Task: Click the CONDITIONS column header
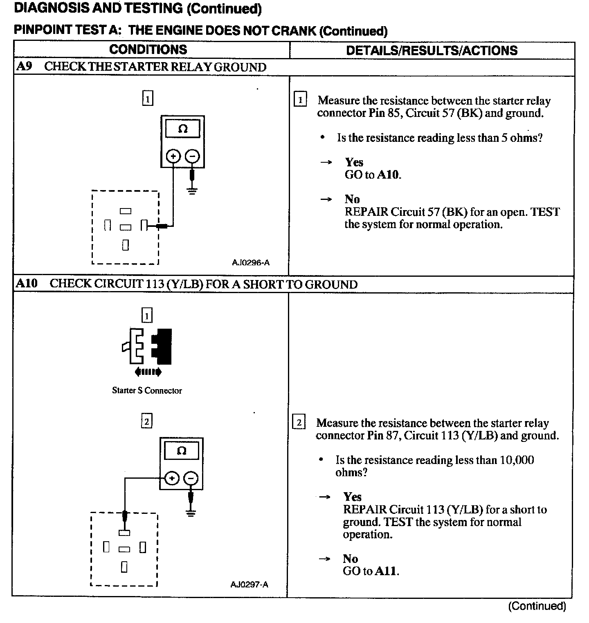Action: (148, 49)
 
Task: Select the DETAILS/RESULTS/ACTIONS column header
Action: (432, 50)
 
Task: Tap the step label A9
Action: (24, 67)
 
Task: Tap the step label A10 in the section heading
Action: (26, 284)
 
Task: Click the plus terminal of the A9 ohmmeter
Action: (173, 156)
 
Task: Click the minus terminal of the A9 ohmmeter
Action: (192, 156)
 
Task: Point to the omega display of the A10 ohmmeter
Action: (182, 451)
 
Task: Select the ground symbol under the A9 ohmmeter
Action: (192, 190)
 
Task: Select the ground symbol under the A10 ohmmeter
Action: (191, 513)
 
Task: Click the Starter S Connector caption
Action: (147, 390)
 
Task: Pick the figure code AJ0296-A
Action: (251, 262)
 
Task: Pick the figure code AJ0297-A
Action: (249, 585)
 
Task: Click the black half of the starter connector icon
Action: (162, 346)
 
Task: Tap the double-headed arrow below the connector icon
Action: (148, 372)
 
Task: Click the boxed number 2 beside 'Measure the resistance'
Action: (299, 423)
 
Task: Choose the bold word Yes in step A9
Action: (354, 162)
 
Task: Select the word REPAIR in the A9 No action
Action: (366, 212)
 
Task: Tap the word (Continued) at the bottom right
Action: (537, 606)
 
